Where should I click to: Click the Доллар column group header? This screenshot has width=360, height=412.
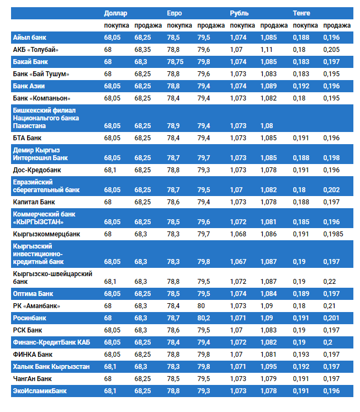click(115, 13)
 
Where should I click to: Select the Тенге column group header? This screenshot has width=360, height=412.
click(301, 13)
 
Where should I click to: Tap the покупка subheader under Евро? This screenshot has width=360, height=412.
click(179, 25)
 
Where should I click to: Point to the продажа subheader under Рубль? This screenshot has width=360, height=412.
click(274, 25)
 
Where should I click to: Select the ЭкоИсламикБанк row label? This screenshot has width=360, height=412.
click(40, 391)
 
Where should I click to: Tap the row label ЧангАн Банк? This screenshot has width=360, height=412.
click(33, 379)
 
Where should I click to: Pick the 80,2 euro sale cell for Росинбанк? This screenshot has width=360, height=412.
click(204, 318)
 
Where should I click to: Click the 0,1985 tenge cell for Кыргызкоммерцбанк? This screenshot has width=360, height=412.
click(333, 234)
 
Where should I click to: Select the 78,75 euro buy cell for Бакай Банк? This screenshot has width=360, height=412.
click(176, 62)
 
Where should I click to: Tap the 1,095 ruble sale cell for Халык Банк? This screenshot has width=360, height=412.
click(269, 367)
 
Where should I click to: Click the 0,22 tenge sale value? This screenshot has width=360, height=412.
click(330, 282)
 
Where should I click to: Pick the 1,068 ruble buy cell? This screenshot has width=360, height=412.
click(238, 234)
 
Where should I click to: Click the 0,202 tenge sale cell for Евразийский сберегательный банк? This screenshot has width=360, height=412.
click(331, 190)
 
